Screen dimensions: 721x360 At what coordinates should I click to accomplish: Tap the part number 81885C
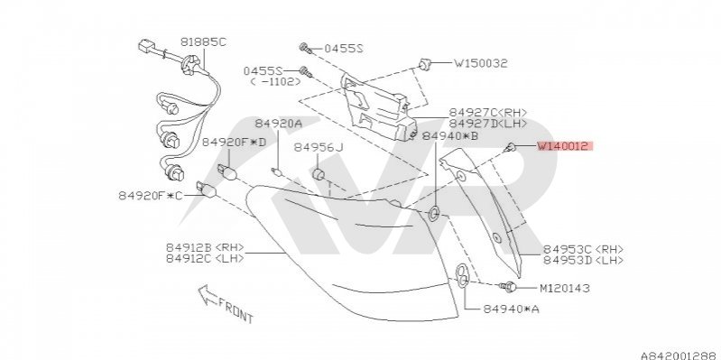tap(203, 42)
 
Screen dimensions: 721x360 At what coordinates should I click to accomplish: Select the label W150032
tap(481, 63)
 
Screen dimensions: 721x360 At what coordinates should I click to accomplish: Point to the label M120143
tap(564, 289)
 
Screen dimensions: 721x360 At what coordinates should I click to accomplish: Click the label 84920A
tap(279, 124)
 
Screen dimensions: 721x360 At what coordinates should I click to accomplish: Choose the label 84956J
tap(319, 147)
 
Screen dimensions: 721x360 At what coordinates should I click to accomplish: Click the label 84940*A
tap(511, 309)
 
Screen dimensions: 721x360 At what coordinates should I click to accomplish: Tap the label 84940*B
tap(450, 135)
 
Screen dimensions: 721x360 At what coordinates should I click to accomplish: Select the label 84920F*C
tap(151, 196)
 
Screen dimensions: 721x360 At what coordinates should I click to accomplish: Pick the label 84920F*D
tap(234, 143)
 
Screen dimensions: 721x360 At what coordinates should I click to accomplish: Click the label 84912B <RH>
tap(205, 247)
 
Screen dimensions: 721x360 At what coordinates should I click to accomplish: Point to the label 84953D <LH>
tap(584, 260)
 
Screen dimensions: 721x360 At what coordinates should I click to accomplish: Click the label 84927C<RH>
tap(488, 113)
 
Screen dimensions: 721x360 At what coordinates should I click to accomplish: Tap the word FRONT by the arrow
tap(236, 309)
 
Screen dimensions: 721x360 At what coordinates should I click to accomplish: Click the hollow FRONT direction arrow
tap(208, 295)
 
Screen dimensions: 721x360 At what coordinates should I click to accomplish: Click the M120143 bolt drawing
tap(508, 287)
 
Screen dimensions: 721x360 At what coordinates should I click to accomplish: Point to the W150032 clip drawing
tap(424, 64)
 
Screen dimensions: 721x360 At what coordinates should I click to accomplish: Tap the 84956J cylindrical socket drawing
tap(319, 175)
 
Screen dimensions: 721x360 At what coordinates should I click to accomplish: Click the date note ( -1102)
tap(275, 82)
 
